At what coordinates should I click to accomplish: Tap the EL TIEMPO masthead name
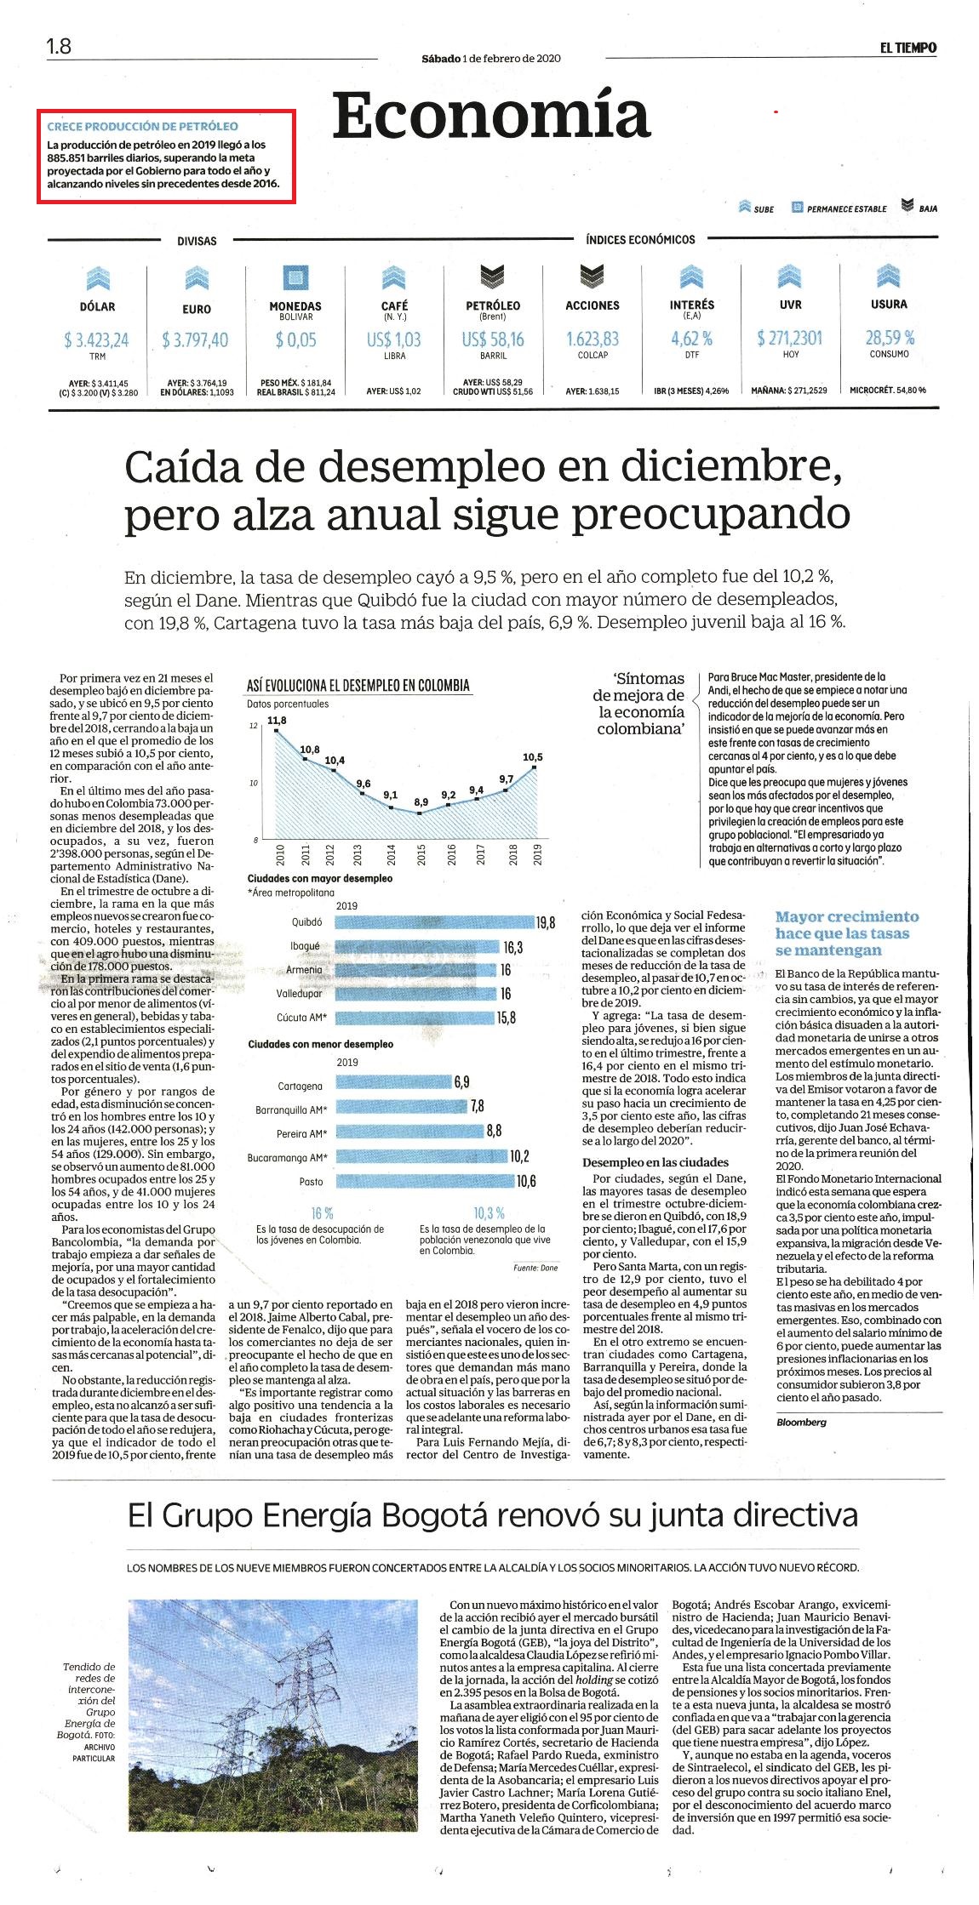pyautogui.click(x=908, y=48)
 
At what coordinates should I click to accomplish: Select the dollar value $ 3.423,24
pyautogui.click(x=97, y=340)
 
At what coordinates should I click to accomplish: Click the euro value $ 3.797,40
pyautogui.click(x=195, y=340)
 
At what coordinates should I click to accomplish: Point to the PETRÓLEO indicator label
pyautogui.click(x=493, y=305)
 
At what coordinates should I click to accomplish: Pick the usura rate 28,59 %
pyautogui.click(x=890, y=337)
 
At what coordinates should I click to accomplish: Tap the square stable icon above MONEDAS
pyautogui.click(x=295, y=277)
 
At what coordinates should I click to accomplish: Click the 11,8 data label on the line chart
pyautogui.click(x=277, y=721)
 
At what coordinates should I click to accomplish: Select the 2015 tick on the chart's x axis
pyautogui.click(x=421, y=854)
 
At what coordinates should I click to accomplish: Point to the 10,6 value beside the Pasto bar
pyautogui.click(x=527, y=1181)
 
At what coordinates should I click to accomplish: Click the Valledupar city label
pyautogui.click(x=299, y=994)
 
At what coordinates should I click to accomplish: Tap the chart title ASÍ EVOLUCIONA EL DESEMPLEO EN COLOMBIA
pyautogui.click(x=358, y=685)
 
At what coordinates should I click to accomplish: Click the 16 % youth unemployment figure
pyautogui.click(x=322, y=1212)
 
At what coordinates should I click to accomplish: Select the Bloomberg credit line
pyautogui.click(x=801, y=1422)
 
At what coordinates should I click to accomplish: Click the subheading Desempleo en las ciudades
pyautogui.click(x=655, y=1162)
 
